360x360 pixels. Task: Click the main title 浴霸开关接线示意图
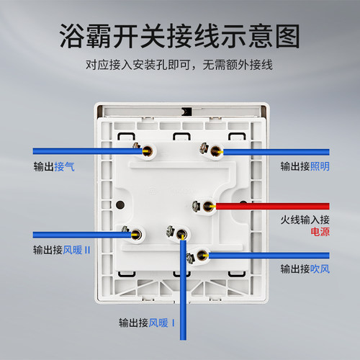point(179,36)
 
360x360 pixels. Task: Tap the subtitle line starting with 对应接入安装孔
point(179,65)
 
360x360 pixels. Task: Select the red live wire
point(273,206)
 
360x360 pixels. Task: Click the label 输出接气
point(54,166)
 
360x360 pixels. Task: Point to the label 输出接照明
point(305,166)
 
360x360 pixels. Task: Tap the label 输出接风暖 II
point(62,250)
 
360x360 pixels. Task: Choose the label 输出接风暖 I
point(147,323)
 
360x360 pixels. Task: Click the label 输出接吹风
point(305,269)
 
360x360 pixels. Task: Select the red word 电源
point(320,232)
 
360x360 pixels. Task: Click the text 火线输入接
point(305,220)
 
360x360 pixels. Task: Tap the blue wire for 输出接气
point(88,151)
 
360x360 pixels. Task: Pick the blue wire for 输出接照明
point(276,152)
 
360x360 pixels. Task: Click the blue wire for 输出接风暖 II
point(82,235)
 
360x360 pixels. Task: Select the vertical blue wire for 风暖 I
point(183,290)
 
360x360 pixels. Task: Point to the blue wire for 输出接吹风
point(269,256)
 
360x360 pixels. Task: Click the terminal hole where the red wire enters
point(208,206)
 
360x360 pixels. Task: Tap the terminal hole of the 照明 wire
point(216,151)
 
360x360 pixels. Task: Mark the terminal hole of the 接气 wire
point(148,151)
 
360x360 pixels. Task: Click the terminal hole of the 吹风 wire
point(202,256)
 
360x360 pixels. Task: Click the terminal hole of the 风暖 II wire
point(136,235)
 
